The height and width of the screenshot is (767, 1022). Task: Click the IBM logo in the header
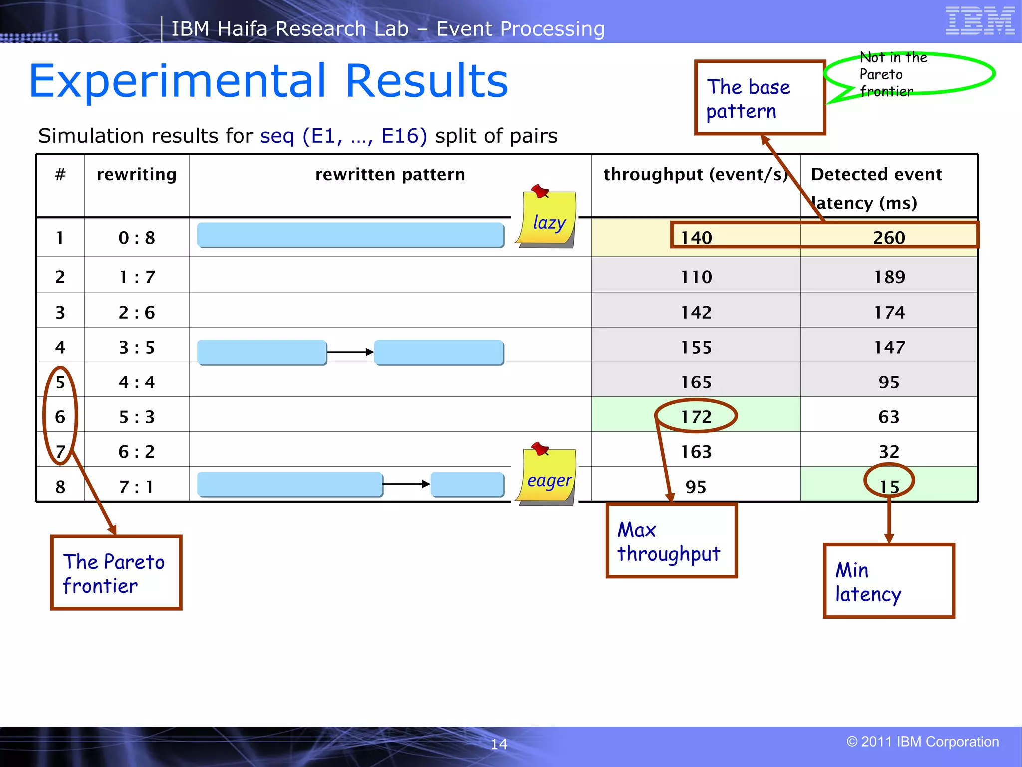coord(980,21)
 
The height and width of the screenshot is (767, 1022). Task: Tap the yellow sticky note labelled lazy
coord(547,220)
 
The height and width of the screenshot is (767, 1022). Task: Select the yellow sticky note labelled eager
coord(547,477)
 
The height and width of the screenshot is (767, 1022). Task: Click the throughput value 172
coord(696,417)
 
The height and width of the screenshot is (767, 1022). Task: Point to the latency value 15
coord(889,486)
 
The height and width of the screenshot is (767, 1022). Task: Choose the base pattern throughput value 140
coord(697,238)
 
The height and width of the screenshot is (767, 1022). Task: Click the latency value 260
coord(889,238)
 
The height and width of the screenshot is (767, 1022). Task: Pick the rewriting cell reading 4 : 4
coord(137,383)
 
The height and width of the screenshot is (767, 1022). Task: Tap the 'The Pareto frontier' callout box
coord(116,573)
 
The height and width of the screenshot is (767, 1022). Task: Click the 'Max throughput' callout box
coord(671,541)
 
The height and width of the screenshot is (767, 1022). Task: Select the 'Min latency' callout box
coord(888,581)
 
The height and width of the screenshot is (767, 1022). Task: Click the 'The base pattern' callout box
coord(760,98)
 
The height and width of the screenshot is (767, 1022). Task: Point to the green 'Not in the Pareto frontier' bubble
coord(909,74)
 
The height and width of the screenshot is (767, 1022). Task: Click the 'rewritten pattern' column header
coord(390,175)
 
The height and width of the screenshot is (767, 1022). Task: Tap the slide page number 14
coord(499,744)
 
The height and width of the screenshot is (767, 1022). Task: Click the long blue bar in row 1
coord(350,235)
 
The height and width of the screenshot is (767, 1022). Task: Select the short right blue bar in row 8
coord(467,484)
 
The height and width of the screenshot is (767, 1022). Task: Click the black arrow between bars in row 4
coord(350,352)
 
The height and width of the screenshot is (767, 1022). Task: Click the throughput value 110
coord(697,277)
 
